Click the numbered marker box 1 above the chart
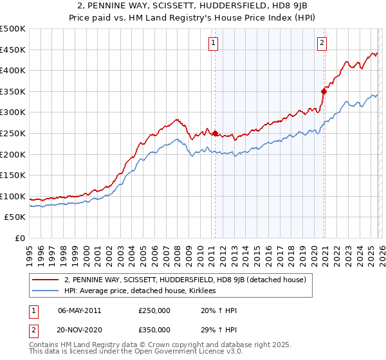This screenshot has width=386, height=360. [x=213, y=43]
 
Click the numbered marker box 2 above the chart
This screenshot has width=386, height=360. [x=321, y=43]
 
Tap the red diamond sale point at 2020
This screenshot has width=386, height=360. [x=324, y=91]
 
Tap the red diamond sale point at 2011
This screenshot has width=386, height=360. [x=215, y=134]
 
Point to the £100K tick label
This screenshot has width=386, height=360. [x=13, y=196]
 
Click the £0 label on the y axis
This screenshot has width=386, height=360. [x=19, y=238]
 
